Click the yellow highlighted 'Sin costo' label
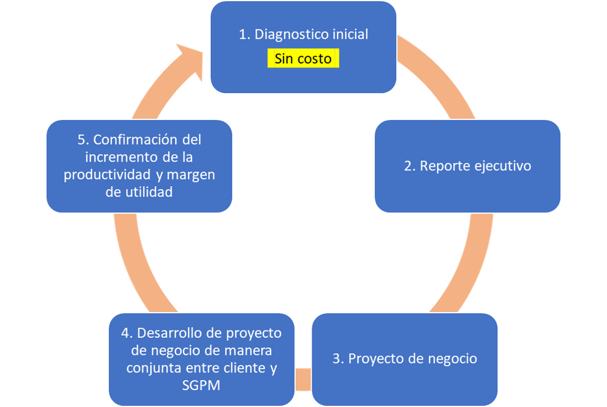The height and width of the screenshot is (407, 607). (x=303, y=59)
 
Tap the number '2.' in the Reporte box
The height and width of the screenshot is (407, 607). (x=410, y=166)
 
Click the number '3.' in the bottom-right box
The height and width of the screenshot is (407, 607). (x=338, y=358)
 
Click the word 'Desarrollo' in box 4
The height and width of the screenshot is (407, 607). (x=169, y=333)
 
